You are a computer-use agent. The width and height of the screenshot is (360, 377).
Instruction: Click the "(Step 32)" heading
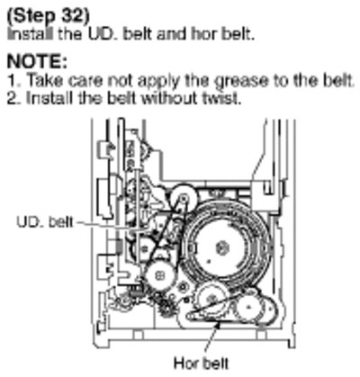pos(48,17)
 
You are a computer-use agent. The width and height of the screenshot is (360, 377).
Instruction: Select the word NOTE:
pos(37,61)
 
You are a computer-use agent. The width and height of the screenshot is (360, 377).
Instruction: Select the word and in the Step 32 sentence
pos(173,34)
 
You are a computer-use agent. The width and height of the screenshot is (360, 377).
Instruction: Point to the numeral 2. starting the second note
pos(14,98)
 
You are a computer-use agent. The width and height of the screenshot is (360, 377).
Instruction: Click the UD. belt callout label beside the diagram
pos(44,222)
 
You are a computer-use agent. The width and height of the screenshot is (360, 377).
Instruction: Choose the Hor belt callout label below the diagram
pos(202,364)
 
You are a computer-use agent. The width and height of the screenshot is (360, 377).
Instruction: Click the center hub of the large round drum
pos(222,248)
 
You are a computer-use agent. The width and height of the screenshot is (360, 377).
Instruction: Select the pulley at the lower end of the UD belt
pos(159,275)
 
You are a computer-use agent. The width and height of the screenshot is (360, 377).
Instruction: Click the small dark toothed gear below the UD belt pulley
pos(165,309)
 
